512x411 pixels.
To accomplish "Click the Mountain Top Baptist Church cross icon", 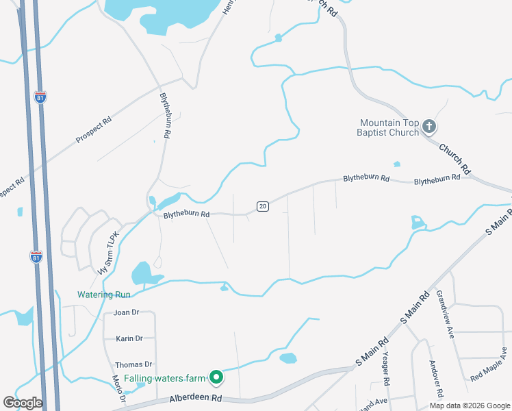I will tap(429, 126).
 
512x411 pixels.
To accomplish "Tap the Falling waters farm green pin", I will tap(216, 377).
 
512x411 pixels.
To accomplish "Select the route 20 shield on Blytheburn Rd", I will tap(262, 206).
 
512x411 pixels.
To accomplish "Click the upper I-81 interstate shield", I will tap(41, 97).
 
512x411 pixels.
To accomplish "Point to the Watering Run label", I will tap(103, 295).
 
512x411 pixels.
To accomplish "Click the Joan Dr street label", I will tap(127, 312).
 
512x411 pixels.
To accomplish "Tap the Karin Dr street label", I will tap(129, 338).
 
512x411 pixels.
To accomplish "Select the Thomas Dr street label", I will tap(133, 364).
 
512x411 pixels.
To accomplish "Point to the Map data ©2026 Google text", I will tap(469, 406).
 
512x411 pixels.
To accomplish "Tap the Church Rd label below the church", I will tap(455, 158).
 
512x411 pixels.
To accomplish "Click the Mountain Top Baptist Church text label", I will tap(389, 127).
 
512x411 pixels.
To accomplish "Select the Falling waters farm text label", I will tap(159, 378).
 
